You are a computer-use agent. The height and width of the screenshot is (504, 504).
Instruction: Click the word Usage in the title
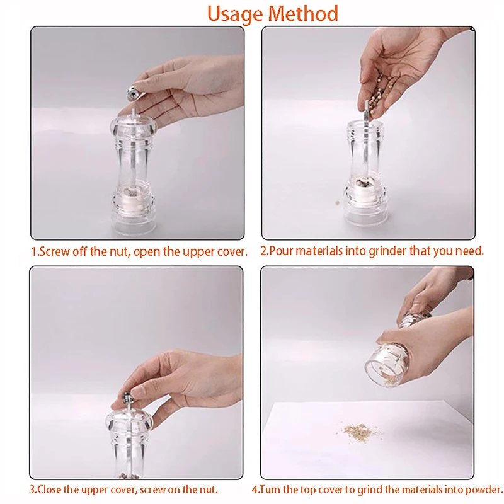(x=234, y=14)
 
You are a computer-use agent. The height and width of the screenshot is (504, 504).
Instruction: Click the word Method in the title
(x=303, y=14)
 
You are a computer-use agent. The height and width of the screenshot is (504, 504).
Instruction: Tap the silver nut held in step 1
(x=135, y=92)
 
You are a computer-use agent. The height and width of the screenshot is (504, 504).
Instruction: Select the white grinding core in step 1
(x=132, y=197)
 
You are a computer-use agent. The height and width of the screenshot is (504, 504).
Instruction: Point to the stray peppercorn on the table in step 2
(x=337, y=202)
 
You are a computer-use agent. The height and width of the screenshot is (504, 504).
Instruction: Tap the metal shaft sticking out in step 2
(x=367, y=112)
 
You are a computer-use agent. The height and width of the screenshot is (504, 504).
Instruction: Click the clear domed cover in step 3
(x=129, y=421)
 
